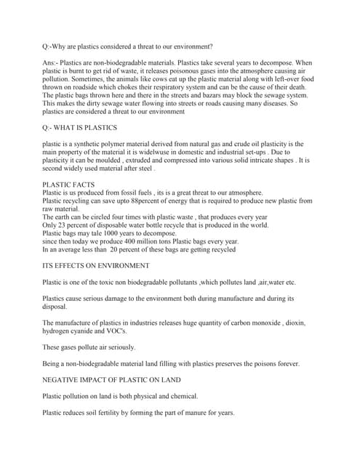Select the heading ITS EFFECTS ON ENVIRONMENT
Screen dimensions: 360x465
[96, 265]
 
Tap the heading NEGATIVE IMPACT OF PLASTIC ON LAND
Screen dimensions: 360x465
[113, 379]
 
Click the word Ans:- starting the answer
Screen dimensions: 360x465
[53, 64]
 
